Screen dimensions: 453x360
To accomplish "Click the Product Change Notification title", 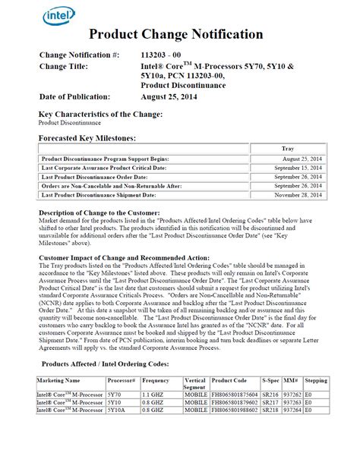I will pos(176,34).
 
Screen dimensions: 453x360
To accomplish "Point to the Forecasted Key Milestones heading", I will pos(87,138).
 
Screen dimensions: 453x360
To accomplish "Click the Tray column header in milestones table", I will pos(288,149).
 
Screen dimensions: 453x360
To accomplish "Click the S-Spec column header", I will pos(270,379).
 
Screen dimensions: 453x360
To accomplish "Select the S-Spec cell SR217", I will pos(270,402).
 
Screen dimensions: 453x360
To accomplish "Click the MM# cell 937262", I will pos(292,395).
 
